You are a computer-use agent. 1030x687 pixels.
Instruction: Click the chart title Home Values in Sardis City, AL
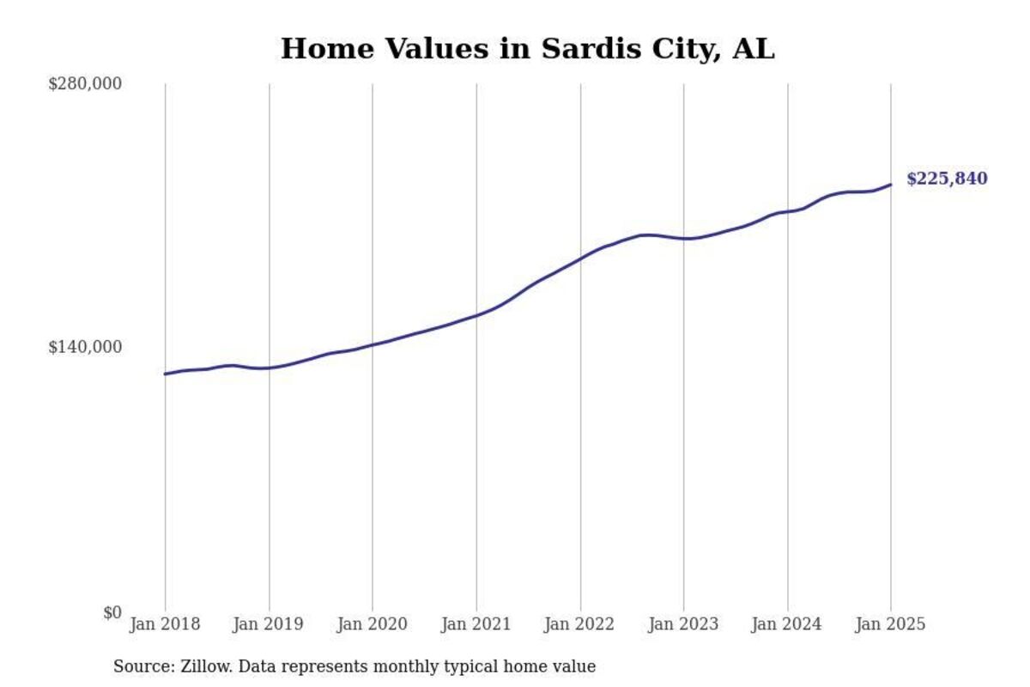(527, 49)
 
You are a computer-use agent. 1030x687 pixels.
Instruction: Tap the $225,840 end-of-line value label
(947, 179)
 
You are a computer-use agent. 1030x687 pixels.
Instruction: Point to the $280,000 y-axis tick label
(84, 83)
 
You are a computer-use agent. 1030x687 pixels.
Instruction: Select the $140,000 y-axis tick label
(84, 347)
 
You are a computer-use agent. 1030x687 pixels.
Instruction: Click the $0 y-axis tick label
(112, 612)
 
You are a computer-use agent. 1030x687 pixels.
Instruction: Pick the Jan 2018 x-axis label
(165, 624)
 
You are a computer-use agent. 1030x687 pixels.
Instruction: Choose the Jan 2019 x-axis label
(269, 624)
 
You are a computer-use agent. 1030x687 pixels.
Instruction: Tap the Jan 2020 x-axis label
(373, 624)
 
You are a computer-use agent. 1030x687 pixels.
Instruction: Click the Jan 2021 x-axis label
(476, 624)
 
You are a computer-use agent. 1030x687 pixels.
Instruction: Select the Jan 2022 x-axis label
(580, 624)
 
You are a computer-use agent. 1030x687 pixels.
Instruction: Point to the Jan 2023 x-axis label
(684, 624)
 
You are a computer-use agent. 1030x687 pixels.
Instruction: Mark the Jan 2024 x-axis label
(787, 624)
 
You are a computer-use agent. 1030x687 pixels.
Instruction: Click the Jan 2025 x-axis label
(891, 624)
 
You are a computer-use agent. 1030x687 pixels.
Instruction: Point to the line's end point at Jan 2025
(891, 185)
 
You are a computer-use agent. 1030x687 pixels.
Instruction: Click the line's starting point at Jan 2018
(165, 374)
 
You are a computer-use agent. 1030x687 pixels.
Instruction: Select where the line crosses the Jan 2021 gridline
(476, 315)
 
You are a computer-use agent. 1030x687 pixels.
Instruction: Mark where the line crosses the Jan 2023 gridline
(684, 239)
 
